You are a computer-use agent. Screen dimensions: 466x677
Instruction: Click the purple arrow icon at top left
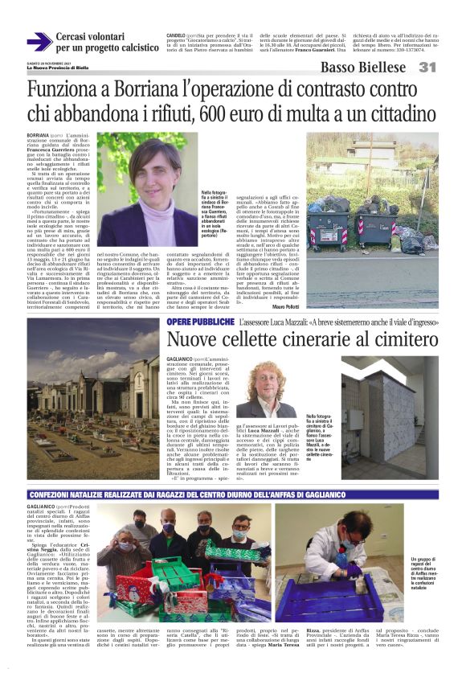(39, 43)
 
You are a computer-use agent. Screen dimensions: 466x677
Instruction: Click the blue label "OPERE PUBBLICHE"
(201, 322)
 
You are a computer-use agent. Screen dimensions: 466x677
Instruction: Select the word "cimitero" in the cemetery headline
(398, 339)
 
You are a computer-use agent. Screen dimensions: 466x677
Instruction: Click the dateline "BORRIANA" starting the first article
(38, 135)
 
